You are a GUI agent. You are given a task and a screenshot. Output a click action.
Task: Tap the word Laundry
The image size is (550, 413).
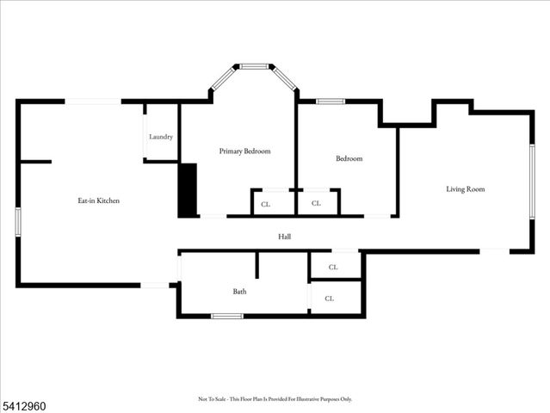tap(161, 137)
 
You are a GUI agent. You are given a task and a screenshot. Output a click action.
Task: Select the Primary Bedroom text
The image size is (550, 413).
tap(244, 151)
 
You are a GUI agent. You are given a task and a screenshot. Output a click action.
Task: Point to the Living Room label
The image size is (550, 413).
tap(465, 188)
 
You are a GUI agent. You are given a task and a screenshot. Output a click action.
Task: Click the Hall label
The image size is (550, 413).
tap(284, 236)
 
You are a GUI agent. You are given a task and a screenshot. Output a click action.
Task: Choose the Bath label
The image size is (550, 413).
tap(239, 292)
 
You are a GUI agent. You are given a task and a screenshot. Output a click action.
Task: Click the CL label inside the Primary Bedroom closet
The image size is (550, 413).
tap(265, 204)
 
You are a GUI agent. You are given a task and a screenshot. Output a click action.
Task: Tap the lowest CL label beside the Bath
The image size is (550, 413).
tap(330, 299)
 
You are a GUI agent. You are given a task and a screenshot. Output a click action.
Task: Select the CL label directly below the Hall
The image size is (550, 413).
tap(333, 268)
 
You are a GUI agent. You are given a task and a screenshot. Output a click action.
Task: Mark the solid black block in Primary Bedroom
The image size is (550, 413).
tap(188, 190)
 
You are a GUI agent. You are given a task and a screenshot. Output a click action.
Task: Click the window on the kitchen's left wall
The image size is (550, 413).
tap(17, 220)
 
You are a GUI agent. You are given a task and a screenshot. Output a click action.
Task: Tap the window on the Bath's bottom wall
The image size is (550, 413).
tap(226, 316)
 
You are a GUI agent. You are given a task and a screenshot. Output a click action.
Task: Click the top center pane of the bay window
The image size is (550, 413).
tap(254, 66)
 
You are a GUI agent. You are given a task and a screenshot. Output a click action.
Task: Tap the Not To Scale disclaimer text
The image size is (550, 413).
tap(275, 399)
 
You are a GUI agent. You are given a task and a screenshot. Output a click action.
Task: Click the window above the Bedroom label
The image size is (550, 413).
tap(330, 102)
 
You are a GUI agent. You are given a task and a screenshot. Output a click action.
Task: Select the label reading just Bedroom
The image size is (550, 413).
tap(349, 158)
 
